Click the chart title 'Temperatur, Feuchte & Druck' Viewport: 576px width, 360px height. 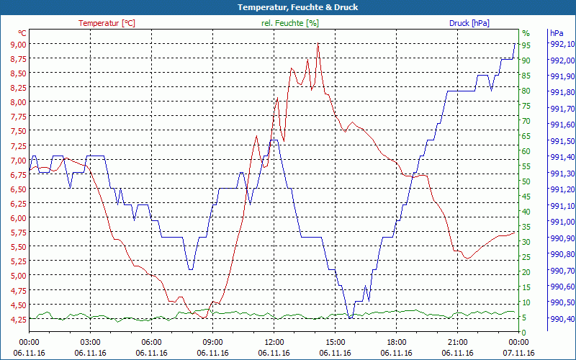click(288, 7)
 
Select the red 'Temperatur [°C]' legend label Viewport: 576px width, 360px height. click(107, 23)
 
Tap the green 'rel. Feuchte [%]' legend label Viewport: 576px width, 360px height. click(289, 23)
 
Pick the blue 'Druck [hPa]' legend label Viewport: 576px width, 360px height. click(469, 23)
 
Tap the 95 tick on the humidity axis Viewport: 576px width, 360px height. click(526, 45)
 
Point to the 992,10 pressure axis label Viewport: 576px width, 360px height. click(562, 45)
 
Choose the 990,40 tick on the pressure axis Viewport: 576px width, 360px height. click(562, 319)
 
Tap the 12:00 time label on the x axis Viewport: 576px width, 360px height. click(274, 342)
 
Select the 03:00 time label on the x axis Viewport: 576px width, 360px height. click(90, 342)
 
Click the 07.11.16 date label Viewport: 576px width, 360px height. click(519, 353)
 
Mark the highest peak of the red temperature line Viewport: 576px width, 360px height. click(318, 44)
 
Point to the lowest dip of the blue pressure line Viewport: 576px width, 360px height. click(350, 318)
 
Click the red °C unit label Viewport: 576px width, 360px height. click(22, 33)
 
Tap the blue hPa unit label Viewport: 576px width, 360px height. click(556, 33)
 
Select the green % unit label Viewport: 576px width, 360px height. click(526, 33)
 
